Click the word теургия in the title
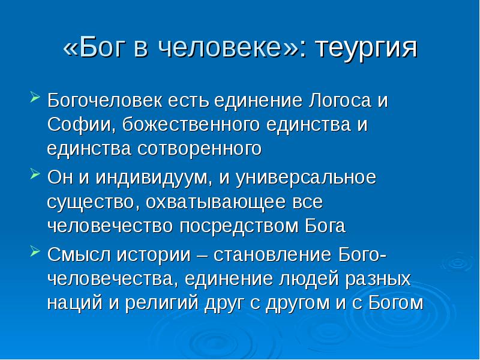[365, 49]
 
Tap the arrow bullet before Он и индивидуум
[34, 175]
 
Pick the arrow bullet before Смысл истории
[34, 251]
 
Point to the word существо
[91, 202]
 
